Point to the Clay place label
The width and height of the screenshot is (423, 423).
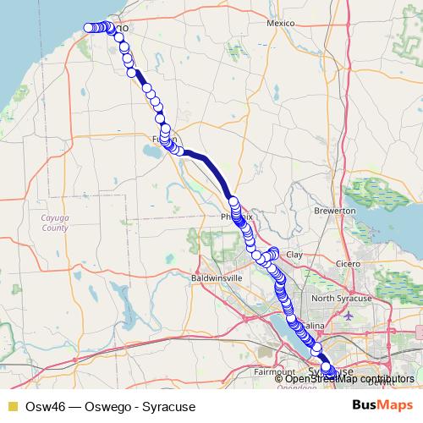click(x=294, y=254)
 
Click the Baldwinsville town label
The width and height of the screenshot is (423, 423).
click(x=217, y=277)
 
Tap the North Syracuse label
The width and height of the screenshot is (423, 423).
click(x=341, y=299)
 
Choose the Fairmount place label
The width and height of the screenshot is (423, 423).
click(x=273, y=371)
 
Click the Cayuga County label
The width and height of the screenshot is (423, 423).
click(x=55, y=222)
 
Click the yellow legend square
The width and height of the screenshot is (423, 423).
click(x=12, y=406)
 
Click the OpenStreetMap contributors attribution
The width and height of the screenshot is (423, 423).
click(x=349, y=379)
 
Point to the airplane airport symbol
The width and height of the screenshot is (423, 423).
click(x=350, y=316)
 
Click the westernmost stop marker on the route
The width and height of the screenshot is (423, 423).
click(x=88, y=28)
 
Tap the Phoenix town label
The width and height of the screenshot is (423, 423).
click(x=237, y=217)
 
